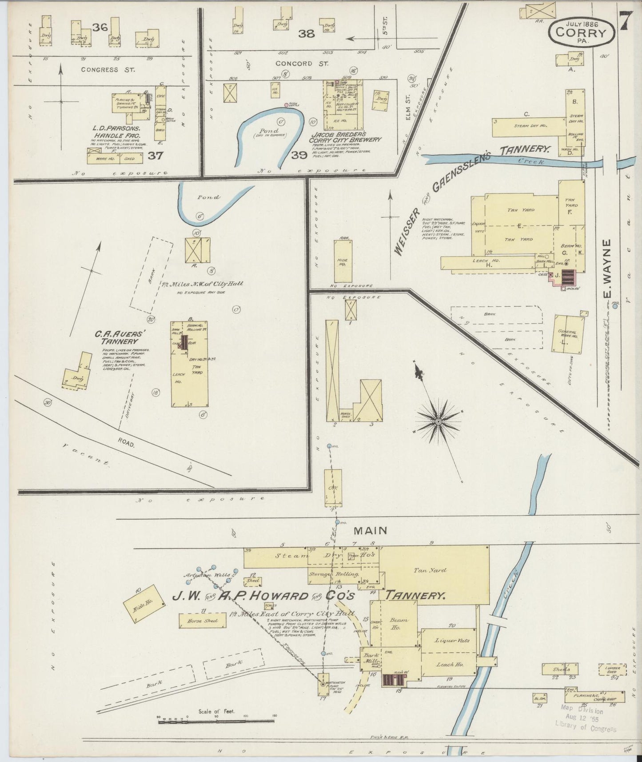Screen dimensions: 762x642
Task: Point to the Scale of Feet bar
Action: (x=216, y=722)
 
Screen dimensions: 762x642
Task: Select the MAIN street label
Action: (x=370, y=530)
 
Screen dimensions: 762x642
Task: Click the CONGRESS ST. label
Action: (x=100, y=70)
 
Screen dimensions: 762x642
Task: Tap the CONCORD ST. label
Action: (x=302, y=63)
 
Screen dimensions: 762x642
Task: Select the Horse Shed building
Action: (x=202, y=621)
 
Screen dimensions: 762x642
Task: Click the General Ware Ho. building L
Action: (x=567, y=334)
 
